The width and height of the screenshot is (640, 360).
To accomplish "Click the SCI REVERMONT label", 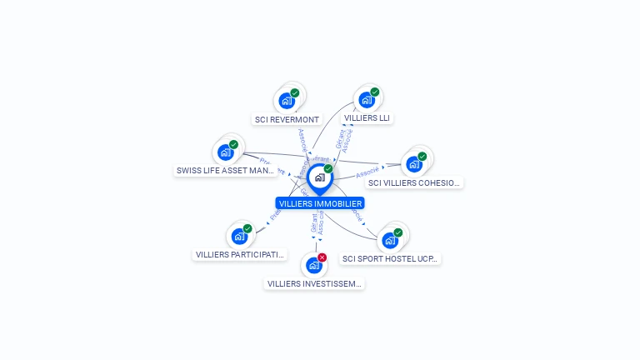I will pos(287,119).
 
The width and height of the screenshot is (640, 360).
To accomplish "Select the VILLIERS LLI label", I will pos(367,118).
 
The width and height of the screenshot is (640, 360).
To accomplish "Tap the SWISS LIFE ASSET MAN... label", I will pos(225,171).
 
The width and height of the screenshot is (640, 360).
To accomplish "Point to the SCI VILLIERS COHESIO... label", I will pos(414,182).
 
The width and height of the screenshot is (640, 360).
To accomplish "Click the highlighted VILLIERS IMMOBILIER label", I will pos(320,203).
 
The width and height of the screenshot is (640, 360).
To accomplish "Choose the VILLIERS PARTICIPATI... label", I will pos(240,254).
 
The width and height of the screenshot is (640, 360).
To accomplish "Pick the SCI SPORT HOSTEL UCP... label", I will pos(390,258).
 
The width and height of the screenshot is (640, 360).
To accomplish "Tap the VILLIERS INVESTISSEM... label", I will pos(314,283).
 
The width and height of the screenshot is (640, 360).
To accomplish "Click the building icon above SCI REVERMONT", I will pos(287,101).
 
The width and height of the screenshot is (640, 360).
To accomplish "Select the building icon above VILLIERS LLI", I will pos(366,100).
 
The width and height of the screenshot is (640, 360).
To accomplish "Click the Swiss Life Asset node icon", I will pos(225,152).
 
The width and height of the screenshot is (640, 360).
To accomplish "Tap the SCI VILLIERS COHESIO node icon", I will pos(414,164).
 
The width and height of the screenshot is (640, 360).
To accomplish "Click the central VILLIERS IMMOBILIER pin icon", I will pos(319,177).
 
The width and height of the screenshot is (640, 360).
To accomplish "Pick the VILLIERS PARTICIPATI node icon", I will pos(239,236).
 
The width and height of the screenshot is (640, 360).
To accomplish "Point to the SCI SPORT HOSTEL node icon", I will pos(389,241).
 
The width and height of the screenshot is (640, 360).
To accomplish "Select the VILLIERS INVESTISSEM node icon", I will pos(313,265).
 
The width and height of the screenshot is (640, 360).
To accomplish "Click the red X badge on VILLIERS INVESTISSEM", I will pos(322,257).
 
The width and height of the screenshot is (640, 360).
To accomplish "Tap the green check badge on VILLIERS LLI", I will pos(375,92).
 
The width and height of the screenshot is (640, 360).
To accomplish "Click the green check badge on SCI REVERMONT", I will pos(295,92).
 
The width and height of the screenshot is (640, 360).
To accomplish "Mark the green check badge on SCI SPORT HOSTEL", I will pos(398,232).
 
